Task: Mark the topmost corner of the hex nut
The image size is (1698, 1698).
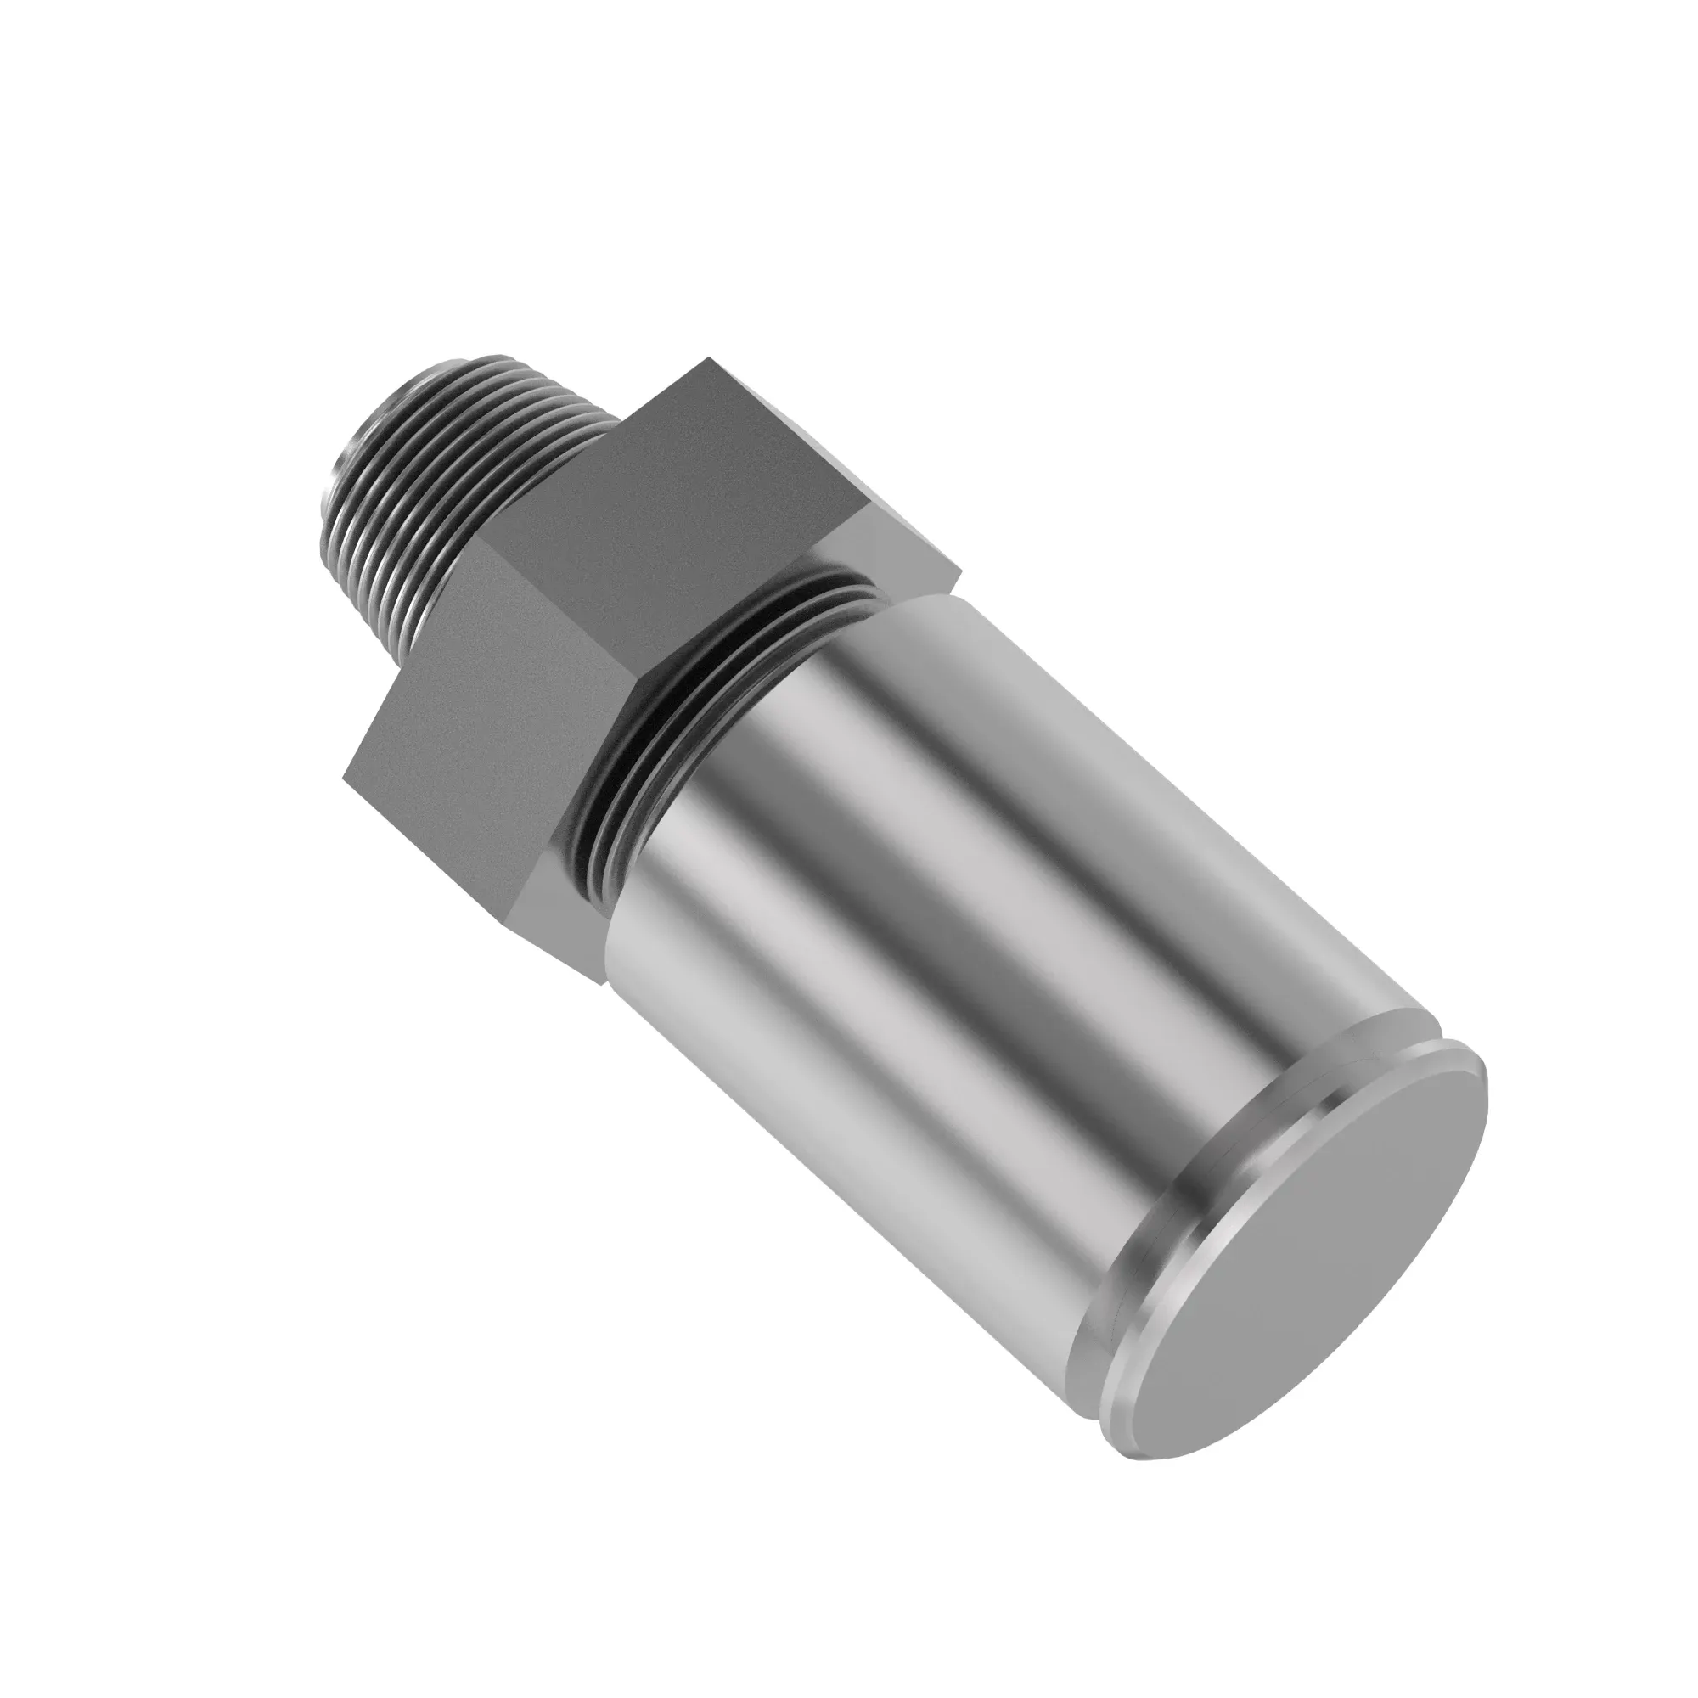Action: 708,359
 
